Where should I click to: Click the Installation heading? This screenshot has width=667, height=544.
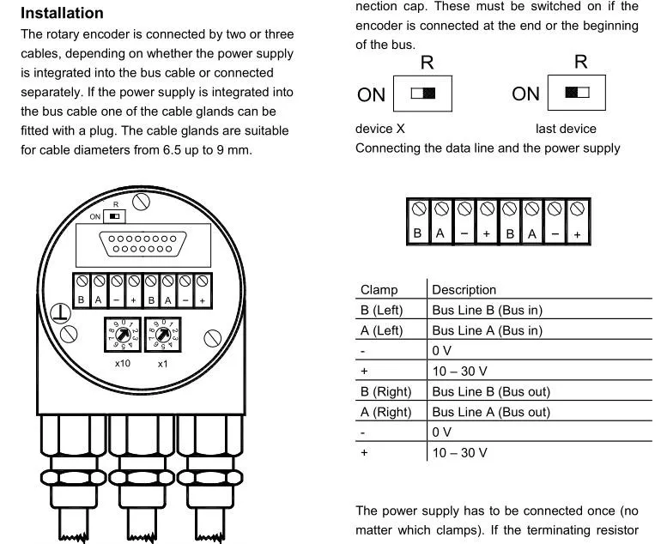(62, 14)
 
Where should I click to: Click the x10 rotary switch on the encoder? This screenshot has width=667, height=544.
(122, 333)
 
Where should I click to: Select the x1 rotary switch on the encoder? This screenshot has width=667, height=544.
(163, 333)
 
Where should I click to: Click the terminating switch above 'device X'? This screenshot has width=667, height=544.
(422, 94)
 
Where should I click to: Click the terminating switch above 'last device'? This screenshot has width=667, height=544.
(577, 93)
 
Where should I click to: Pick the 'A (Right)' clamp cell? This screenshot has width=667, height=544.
(385, 412)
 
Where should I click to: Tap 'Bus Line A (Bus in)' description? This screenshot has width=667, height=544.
(487, 330)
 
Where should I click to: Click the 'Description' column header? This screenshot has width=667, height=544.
(464, 290)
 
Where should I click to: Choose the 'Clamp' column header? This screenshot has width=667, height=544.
(379, 290)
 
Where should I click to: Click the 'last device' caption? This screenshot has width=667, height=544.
(565, 129)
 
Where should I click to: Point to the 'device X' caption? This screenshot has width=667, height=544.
(380, 129)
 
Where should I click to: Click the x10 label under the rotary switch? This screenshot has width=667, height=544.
(122, 364)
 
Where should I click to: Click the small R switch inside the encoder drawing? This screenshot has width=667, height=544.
(115, 216)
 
